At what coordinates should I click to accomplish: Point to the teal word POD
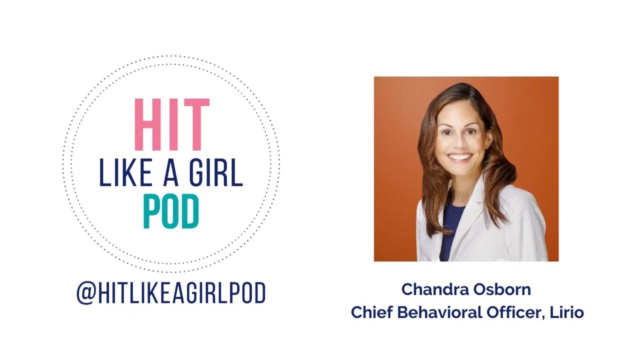click(171, 212)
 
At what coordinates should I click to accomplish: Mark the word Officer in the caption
click(514, 312)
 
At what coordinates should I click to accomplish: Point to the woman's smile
click(460, 157)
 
